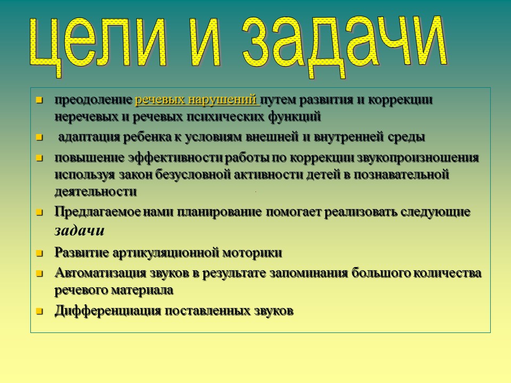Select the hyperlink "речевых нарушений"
(197, 100)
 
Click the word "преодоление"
(93, 100)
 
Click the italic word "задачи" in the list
(79, 231)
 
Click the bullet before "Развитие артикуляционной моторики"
(39, 253)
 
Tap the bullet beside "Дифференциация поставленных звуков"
(39, 311)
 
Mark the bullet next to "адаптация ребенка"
(39, 137)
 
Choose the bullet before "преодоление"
(39, 100)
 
